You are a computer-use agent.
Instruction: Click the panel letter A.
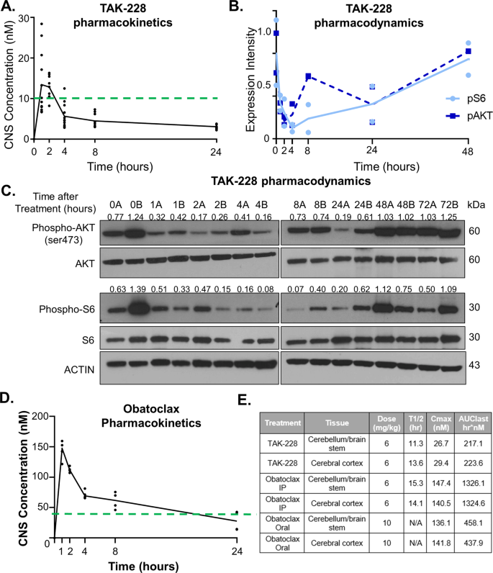coord(9,9)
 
